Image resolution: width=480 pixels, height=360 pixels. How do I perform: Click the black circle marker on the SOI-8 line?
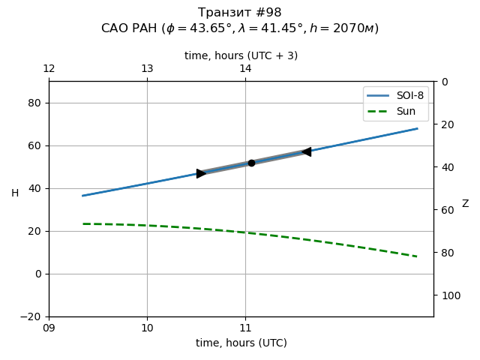[x=251, y=163]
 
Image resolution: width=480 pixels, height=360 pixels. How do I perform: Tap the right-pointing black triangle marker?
[x=201, y=173]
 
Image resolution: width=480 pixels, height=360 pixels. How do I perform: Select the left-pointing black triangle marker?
[x=306, y=151]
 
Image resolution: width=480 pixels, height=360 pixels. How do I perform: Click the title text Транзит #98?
[x=240, y=13]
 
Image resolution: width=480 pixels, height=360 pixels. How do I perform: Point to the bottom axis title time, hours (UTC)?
[x=241, y=343]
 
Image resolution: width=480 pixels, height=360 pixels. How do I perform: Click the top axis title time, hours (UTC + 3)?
[x=241, y=55]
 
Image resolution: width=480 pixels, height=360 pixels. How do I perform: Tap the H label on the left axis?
[x=15, y=193]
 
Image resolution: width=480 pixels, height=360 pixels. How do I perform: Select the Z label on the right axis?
[x=465, y=204]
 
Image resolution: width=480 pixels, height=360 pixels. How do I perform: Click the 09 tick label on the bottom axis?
[x=49, y=328]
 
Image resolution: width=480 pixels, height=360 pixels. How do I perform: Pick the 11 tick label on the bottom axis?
[x=245, y=328]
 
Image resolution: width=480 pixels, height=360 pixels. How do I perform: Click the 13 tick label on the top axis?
[x=147, y=69]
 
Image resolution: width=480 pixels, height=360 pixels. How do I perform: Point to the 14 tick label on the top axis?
[x=245, y=69]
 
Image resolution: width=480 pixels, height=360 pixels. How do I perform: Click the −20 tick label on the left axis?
[x=31, y=316]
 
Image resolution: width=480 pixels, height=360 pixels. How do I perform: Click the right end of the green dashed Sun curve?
[x=417, y=256]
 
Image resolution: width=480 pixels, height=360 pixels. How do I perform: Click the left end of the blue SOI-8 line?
[x=82, y=196]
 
